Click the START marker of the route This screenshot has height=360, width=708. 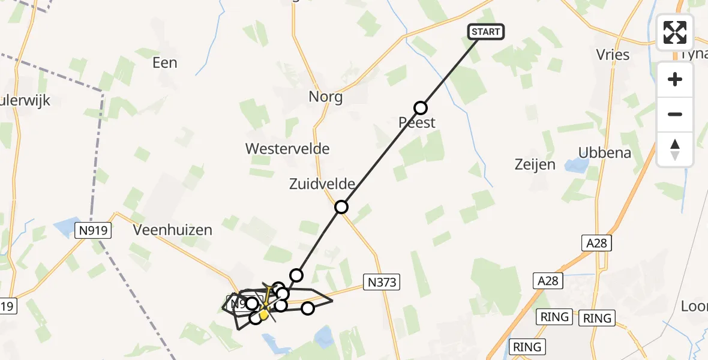[486, 31]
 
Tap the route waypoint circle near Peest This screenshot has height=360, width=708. [421, 108]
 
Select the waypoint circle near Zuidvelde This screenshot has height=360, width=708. [341, 207]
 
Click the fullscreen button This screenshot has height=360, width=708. [675, 32]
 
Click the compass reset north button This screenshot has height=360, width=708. [675, 149]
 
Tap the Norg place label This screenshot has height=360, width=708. [326, 97]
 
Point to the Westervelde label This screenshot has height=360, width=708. [287, 148]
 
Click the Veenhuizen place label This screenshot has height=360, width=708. [173, 230]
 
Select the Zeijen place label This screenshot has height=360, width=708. [535, 164]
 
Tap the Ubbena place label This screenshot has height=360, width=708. [605, 152]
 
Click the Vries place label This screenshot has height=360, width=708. [613, 55]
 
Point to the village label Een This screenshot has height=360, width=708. [165, 62]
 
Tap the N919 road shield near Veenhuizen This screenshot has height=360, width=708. [93, 229]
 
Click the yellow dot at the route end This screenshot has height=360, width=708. [263, 314]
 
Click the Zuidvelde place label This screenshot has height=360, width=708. [322, 184]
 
